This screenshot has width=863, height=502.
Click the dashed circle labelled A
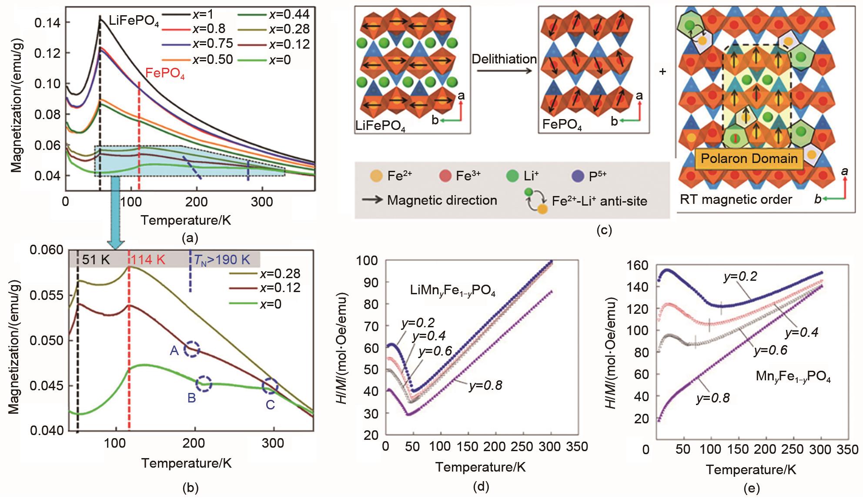192,349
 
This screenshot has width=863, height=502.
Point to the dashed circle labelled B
204,384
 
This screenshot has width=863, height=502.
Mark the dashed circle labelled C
270,386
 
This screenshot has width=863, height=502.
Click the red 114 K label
149,260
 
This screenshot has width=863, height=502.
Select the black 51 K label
96,260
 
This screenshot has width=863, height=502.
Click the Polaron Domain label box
749,159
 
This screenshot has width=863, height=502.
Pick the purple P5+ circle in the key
576,176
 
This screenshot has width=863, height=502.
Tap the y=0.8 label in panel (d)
485,385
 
